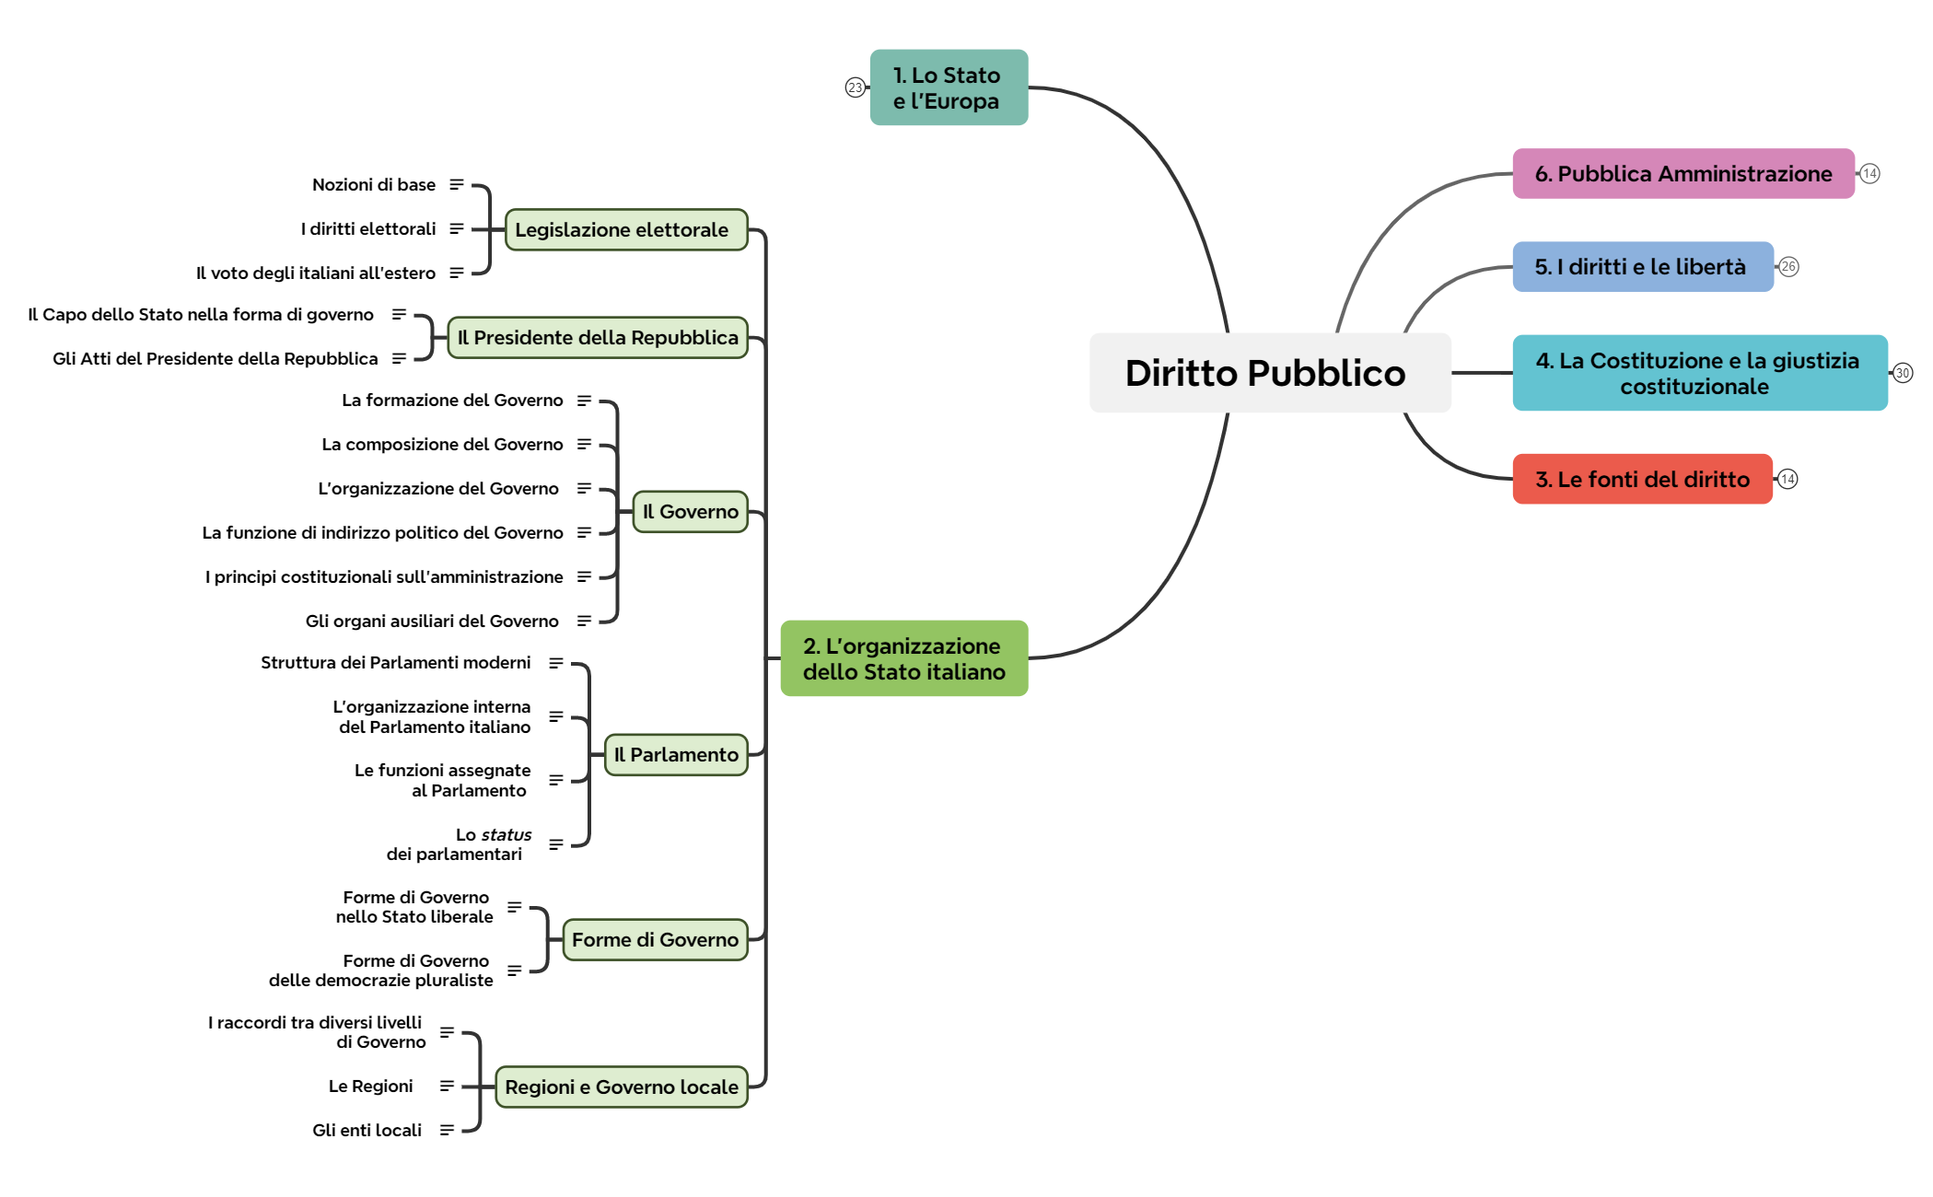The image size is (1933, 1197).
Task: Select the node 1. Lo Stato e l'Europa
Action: [949, 87]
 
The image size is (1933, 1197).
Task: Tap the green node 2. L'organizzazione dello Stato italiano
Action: [903, 658]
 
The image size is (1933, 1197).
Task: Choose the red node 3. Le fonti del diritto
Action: [1642, 479]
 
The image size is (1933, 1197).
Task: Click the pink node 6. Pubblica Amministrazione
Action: [1683, 174]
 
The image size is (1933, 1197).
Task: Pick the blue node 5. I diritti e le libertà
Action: [1642, 267]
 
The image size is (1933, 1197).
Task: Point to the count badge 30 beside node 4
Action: [1903, 373]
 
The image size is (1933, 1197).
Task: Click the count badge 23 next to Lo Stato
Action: [856, 87]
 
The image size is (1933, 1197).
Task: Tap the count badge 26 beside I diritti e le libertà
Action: [1788, 267]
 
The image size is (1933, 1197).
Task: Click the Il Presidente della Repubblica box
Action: [597, 338]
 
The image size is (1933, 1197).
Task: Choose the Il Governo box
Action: [690, 512]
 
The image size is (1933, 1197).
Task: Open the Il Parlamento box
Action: [675, 755]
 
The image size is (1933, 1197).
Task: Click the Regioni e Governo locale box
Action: [621, 1087]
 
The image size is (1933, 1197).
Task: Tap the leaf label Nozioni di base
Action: [374, 185]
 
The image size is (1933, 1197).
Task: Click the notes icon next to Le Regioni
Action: [447, 1087]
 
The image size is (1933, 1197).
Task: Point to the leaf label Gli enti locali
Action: [367, 1131]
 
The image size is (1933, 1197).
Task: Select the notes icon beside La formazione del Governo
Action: [584, 401]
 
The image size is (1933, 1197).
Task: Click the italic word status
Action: [507, 835]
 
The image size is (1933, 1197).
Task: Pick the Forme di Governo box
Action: [655, 940]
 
